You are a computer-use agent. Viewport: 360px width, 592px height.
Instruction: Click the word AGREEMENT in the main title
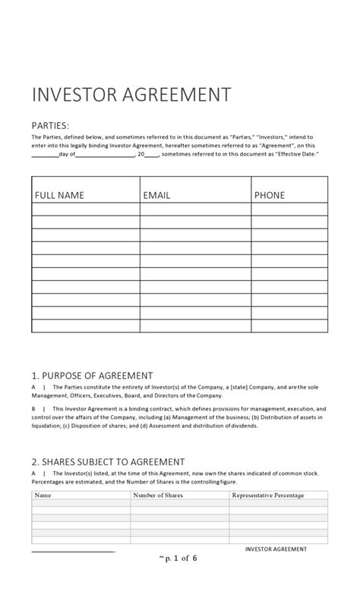tap(179, 96)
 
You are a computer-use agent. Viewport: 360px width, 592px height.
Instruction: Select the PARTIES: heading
tap(50, 125)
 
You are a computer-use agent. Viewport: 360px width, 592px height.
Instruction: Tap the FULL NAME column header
tap(59, 195)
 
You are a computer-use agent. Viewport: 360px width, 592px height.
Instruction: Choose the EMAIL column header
tap(156, 195)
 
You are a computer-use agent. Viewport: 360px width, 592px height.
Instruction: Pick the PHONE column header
tap(270, 195)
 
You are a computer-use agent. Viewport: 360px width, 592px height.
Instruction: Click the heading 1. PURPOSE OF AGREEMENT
tap(92, 375)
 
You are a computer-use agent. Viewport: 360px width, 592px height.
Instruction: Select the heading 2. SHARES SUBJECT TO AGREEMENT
tap(108, 461)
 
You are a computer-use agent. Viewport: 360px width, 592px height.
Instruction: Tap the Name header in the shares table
tap(43, 496)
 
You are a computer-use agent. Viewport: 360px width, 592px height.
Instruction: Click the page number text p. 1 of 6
tap(179, 558)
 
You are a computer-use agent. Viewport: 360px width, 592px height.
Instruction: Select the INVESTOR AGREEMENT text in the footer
tap(276, 549)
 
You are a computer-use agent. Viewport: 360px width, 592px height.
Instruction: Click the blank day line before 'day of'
tap(45, 154)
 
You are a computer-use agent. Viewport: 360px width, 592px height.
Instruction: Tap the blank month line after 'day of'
tap(105, 154)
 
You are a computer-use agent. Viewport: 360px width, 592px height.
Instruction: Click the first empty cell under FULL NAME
tap(85, 209)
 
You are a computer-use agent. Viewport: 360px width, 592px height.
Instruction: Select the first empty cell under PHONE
tap(289, 209)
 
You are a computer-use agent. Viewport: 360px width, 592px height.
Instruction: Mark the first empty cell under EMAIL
tap(195, 209)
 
